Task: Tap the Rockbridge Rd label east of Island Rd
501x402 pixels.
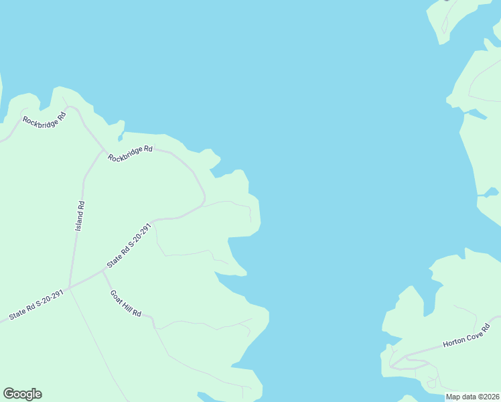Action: pyautogui.click(x=131, y=153)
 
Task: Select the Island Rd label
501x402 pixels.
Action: pyautogui.click(x=80, y=216)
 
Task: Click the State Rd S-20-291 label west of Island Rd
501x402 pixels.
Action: pyautogui.click(x=35, y=305)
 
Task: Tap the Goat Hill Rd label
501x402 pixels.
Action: pyautogui.click(x=126, y=304)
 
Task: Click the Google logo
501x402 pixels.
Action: pyautogui.click(x=22, y=394)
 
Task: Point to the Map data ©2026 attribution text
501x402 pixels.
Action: pyautogui.click(x=472, y=397)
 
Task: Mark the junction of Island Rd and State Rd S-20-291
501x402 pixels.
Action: pyautogui.click(x=70, y=287)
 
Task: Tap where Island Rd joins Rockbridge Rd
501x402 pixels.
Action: pyautogui.click(x=102, y=151)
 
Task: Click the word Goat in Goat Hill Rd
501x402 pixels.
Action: pyautogui.click(x=116, y=295)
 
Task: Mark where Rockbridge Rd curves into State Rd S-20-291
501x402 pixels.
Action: pyautogui.click(x=203, y=201)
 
